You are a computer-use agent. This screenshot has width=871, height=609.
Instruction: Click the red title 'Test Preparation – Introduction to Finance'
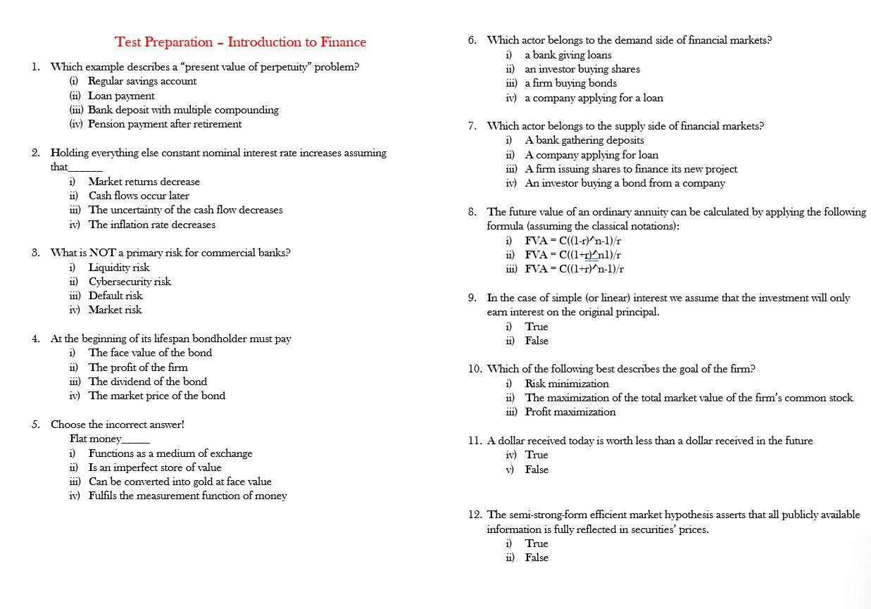point(240,42)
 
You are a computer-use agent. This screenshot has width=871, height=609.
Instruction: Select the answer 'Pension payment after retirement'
point(164,124)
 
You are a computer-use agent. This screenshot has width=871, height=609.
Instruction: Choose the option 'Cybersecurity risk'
point(130,282)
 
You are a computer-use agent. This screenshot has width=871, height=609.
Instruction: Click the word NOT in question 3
point(102,253)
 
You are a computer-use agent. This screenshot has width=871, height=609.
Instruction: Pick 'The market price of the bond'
point(156,396)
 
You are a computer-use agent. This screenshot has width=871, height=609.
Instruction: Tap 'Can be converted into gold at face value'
point(180,482)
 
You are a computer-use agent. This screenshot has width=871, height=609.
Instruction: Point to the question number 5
point(36,425)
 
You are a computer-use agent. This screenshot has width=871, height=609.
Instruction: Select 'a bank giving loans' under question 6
point(568,55)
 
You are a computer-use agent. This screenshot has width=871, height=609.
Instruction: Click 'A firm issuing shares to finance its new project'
point(631,169)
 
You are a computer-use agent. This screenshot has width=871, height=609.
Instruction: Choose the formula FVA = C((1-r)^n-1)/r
point(572,240)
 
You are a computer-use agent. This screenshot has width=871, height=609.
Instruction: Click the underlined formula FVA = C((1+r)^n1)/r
point(572,255)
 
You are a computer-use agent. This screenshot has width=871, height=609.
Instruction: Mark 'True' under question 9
point(536,327)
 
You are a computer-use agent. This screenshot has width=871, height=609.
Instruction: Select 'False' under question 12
point(536,558)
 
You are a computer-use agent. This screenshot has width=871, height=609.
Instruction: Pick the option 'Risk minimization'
point(567,384)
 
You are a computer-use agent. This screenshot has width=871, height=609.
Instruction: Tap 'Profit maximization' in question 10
point(570,412)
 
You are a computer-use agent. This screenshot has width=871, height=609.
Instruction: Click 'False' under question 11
point(536,470)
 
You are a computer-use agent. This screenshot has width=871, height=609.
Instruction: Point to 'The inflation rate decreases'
point(151,225)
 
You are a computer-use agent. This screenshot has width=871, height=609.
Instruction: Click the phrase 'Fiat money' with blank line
point(109,439)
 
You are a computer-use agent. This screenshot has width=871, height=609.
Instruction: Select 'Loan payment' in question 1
point(120,96)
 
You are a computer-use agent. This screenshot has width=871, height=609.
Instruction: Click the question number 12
point(475,515)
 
